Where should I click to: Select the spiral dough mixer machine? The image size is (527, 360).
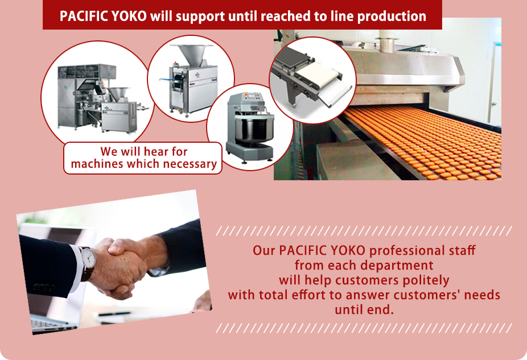249,127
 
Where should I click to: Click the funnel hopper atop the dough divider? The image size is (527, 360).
192,55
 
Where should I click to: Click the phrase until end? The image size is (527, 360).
364,309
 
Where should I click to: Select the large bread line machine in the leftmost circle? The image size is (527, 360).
97,97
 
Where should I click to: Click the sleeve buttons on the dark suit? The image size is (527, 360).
43,287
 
